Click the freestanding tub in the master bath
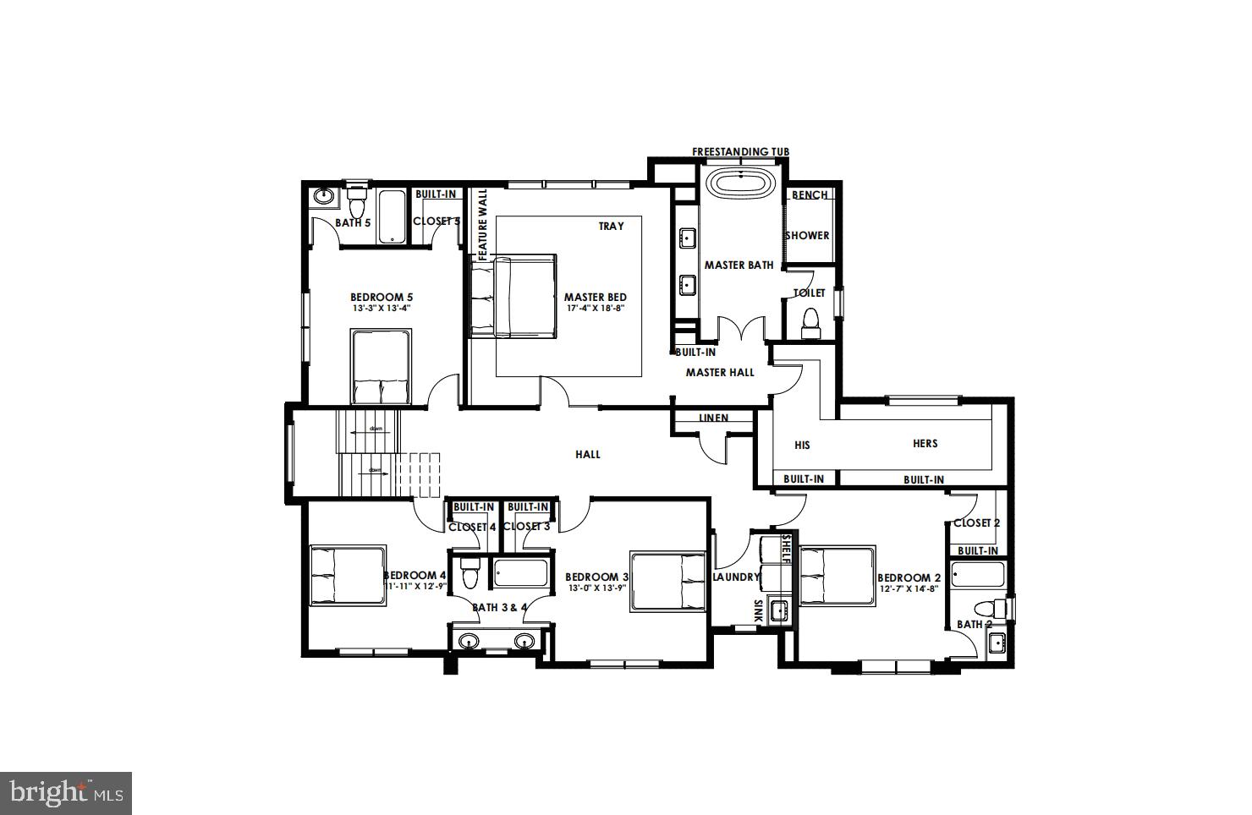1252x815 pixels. [x=741, y=185]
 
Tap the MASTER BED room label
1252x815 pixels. [x=595, y=297]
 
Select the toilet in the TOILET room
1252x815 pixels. [x=810, y=322]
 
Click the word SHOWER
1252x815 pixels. [x=807, y=235]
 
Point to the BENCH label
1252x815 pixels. [x=810, y=194]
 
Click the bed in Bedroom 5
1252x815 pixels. [x=381, y=366]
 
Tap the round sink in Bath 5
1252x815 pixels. [x=322, y=196]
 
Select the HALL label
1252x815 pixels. [x=588, y=454]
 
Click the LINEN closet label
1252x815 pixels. [x=713, y=418]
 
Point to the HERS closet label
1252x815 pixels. [x=925, y=443]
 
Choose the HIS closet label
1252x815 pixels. [x=803, y=445]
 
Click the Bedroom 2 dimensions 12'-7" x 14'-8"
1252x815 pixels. [x=909, y=588]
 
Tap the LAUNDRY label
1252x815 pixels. [x=736, y=577]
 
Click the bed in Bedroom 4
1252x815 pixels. [x=348, y=575]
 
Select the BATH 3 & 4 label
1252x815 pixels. [x=499, y=607]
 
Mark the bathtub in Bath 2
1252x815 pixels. [x=977, y=575]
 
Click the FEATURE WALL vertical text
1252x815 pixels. [x=483, y=223]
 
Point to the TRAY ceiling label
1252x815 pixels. [x=611, y=226]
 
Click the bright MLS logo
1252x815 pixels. [x=65, y=793]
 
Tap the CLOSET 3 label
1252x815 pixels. [x=526, y=526]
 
